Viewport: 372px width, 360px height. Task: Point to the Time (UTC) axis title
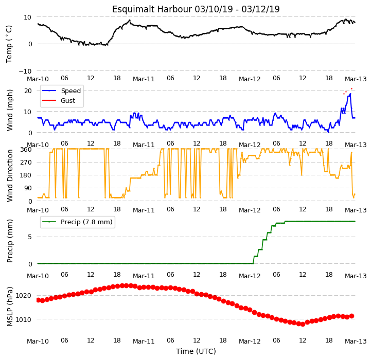coord(196,351)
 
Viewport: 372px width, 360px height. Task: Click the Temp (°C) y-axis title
coord(9,44)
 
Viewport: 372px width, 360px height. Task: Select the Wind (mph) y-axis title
coord(10,110)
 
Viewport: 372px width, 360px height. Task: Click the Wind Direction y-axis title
coord(10,176)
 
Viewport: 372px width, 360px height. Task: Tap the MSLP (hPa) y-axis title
coord(10,307)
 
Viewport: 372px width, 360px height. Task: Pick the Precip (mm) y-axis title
coord(10,241)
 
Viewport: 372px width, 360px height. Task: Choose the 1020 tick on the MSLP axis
coord(23,296)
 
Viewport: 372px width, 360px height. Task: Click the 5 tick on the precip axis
coord(30,237)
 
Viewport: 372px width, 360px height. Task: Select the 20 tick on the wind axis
coord(28,91)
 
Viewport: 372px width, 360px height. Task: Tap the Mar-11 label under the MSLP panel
coord(144,341)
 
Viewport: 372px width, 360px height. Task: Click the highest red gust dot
coord(351,88)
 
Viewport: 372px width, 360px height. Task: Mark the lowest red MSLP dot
coord(303,324)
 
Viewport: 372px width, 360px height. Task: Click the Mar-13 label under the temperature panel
coord(356,79)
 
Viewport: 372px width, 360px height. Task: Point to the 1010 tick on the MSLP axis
coord(23,320)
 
